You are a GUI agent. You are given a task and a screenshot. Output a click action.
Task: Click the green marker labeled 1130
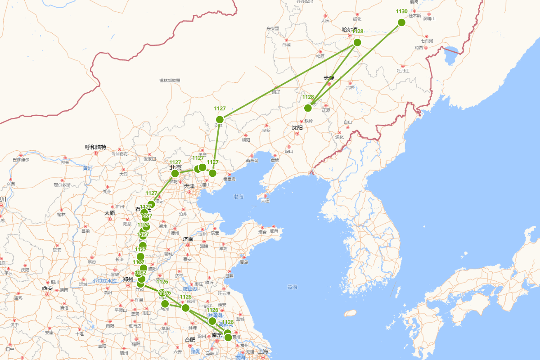(401, 22)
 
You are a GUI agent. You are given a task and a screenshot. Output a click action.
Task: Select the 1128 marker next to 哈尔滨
(357, 42)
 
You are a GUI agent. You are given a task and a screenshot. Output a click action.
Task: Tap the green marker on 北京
(175, 173)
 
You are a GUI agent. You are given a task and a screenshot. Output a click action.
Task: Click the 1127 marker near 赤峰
(220, 119)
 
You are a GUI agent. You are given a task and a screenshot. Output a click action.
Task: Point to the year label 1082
(140, 273)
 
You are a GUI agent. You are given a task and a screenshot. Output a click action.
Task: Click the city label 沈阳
(297, 128)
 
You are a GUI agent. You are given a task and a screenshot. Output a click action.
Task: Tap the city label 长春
(329, 78)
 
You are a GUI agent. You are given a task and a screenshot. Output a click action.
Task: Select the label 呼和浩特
(96, 147)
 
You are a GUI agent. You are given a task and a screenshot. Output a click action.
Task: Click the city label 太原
(110, 213)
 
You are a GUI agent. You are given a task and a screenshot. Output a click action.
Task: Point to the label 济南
(188, 239)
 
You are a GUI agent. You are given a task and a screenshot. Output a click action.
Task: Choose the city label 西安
(47, 288)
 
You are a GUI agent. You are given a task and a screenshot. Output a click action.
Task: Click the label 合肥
(190, 340)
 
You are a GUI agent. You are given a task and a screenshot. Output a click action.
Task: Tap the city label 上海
(263, 351)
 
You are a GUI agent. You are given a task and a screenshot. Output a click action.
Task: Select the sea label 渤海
(238, 197)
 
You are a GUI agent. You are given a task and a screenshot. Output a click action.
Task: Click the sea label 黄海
(292, 287)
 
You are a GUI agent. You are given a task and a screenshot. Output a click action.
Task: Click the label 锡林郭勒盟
(170, 81)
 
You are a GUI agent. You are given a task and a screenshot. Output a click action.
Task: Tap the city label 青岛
(244, 262)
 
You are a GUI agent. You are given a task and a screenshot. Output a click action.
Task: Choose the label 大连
(265, 201)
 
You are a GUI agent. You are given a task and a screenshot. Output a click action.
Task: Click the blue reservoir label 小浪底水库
(105, 281)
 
